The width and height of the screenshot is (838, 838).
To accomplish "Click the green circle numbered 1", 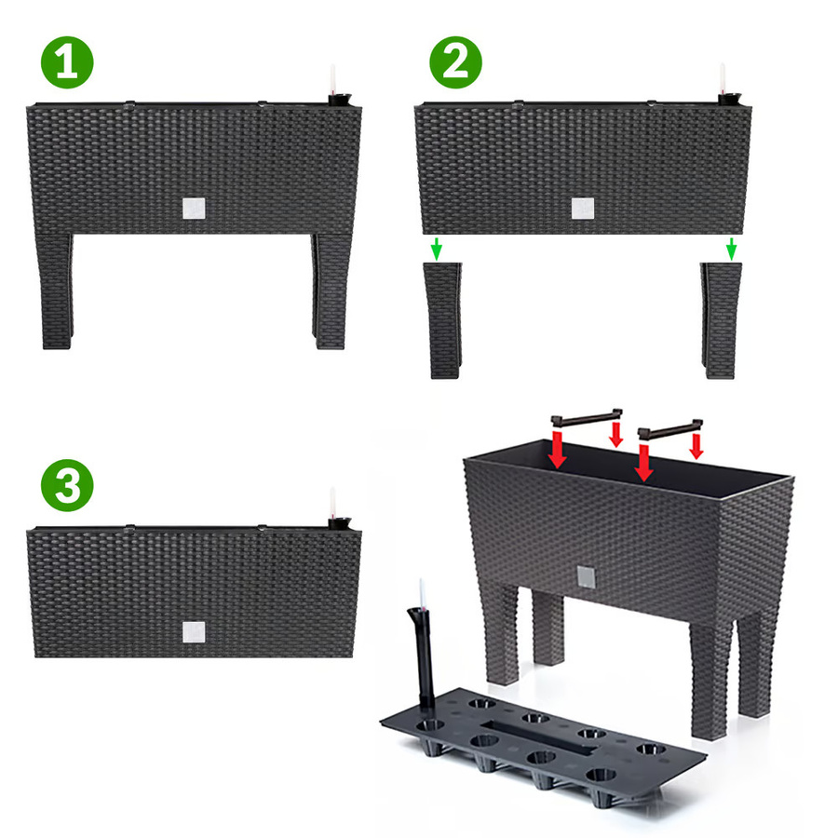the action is [67, 62].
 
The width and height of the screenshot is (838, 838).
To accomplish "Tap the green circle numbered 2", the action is [456, 62].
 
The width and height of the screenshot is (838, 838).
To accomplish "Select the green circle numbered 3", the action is [67, 485].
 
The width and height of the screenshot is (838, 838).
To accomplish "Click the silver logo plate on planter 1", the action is [194, 209].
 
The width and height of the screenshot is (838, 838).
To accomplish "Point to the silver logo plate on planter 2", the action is [583, 209].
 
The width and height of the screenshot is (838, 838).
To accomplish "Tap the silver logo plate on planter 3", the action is [194, 632].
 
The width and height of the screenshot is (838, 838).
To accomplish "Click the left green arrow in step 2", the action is [437, 250].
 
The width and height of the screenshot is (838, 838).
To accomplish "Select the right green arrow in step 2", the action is [732, 250].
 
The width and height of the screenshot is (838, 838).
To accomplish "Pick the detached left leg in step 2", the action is [443, 320].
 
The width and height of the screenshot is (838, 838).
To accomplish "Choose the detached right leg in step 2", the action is [721, 320].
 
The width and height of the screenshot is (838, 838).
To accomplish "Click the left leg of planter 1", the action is [55, 291].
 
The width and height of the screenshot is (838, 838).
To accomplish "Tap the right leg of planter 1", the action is [331, 291].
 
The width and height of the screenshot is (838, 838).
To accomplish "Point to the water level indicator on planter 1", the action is [333, 87].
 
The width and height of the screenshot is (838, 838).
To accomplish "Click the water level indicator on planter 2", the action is [723, 86].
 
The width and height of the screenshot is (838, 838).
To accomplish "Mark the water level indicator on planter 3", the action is [333, 509].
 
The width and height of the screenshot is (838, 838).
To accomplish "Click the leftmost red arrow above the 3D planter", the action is [558, 450].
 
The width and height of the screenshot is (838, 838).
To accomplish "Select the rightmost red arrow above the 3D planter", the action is [696, 446].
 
